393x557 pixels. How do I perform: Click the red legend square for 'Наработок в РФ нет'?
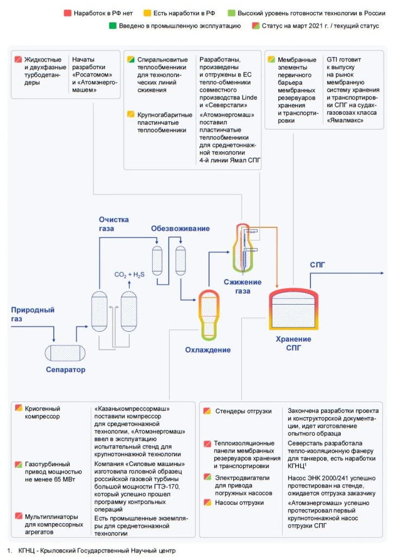click(x=67, y=13)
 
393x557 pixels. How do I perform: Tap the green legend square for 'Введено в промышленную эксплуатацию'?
click(x=113, y=26)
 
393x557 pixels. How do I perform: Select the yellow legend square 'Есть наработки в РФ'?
click(x=147, y=13)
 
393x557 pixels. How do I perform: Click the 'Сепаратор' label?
click(x=66, y=369)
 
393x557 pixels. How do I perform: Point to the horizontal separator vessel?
click(x=65, y=352)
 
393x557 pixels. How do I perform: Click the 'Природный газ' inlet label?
click(x=33, y=314)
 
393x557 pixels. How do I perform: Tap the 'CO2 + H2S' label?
click(x=129, y=275)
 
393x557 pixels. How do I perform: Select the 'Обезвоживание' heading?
click(x=180, y=228)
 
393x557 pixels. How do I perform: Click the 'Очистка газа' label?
click(x=114, y=224)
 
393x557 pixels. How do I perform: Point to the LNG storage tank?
click(x=293, y=308)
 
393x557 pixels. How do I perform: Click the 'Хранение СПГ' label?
click(x=293, y=343)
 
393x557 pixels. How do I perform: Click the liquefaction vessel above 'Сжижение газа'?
click(x=242, y=247)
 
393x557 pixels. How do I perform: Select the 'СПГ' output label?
click(x=317, y=265)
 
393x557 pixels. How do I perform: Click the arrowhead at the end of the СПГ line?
click(x=382, y=273)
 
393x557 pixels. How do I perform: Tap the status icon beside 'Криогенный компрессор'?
click(x=18, y=408)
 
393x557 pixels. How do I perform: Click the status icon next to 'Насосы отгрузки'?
click(x=207, y=502)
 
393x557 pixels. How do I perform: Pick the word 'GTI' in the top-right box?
click(x=332, y=59)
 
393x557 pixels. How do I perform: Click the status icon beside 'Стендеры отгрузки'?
click(x=207, y=411)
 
